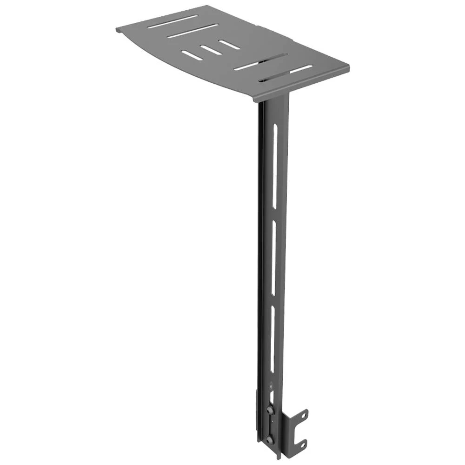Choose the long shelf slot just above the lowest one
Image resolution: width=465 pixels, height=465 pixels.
(x=260, y=62)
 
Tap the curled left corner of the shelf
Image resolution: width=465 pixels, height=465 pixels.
(x=118, y=30)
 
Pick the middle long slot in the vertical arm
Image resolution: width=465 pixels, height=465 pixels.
(x=274, y=260)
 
